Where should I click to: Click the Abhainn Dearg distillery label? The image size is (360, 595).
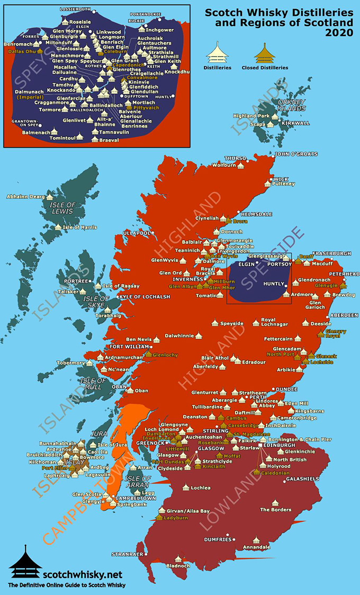[26, 197]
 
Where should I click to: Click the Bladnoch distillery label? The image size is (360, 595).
[177, 566]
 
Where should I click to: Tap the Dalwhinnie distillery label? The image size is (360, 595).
[178, 335]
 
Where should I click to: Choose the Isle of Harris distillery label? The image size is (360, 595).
[79, 227]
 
